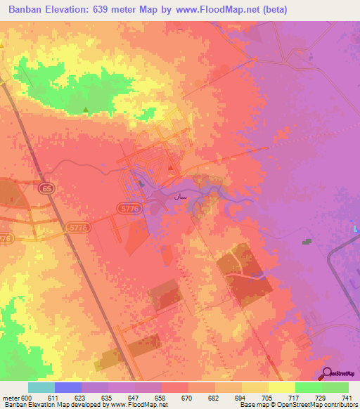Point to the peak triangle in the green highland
point(86,109)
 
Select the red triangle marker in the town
point(171,167)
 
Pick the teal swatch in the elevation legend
point(41,387)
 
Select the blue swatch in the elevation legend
point(67,387)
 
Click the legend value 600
point(27,398)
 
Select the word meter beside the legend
point(11,398)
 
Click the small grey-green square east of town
point(307,241)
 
